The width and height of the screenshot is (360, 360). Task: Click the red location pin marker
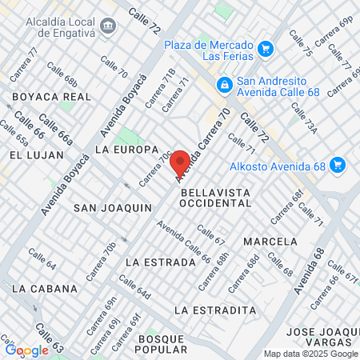(180, 162)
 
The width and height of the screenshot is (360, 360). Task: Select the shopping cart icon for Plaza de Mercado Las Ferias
(266, 49)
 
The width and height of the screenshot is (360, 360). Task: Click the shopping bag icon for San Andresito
(225, 84)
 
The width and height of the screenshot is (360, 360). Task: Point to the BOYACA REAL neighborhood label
(50, 96)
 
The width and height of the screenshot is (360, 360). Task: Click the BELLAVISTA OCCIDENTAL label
(216, 198)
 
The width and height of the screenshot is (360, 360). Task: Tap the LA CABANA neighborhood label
(45, 288)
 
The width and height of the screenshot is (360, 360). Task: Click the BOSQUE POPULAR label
(162, 345)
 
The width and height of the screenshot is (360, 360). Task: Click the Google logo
(27, 350)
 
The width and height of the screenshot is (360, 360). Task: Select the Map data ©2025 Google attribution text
(311, 354)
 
